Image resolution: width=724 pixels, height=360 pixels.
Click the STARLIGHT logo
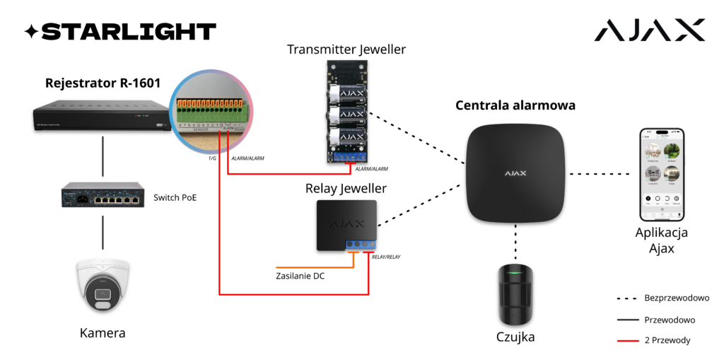(120, 31)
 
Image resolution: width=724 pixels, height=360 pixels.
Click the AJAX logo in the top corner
(649, 30)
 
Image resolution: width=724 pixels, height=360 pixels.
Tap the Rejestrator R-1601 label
(103, 83)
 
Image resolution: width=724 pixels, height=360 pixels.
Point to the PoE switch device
(104, 197)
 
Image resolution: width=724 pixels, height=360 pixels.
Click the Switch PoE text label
(175, 197)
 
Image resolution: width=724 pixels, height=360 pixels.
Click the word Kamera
(103, 332)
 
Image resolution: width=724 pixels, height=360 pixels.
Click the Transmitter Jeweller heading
(346, 50)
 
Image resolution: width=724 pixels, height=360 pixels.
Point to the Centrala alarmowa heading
(515, 105)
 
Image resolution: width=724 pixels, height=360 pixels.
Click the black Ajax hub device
(515, 172)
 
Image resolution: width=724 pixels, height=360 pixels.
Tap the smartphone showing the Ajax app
(662, 174)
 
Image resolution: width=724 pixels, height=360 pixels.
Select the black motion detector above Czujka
(515, 291)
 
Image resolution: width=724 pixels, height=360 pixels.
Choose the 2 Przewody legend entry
(667, 340)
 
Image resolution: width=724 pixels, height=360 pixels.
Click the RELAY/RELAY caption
(386, 257)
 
